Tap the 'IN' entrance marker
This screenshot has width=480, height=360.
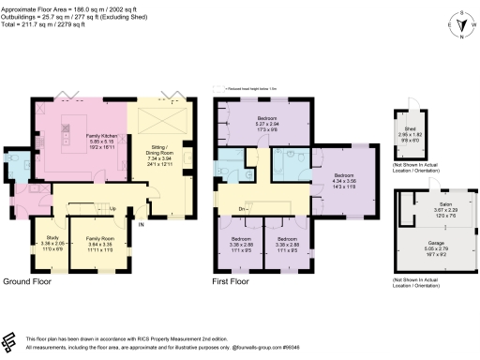(x=142, y=225)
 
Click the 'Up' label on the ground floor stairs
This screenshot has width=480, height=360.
(x=112, y=208)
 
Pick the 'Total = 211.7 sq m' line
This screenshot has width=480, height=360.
(x=53, y=24)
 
